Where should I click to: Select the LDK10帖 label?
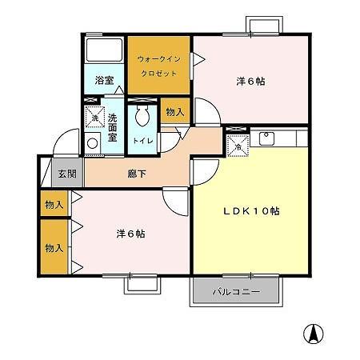250,211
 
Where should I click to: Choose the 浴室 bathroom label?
105,81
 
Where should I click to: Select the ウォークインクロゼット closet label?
159,65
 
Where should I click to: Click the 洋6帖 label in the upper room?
250,82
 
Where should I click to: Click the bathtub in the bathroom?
102,54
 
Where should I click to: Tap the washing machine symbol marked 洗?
94,118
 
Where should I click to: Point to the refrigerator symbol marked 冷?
238,145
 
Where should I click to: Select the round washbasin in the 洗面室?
94,144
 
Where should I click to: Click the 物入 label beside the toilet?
175,113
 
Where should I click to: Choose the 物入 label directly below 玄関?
54,205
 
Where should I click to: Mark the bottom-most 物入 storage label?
54,249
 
